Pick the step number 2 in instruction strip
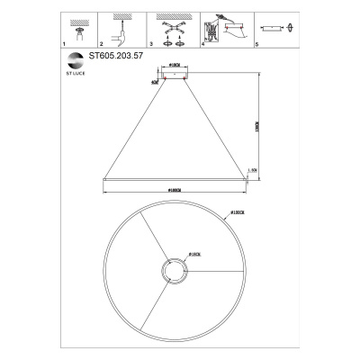point(102,43)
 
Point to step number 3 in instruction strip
point(152,43)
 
